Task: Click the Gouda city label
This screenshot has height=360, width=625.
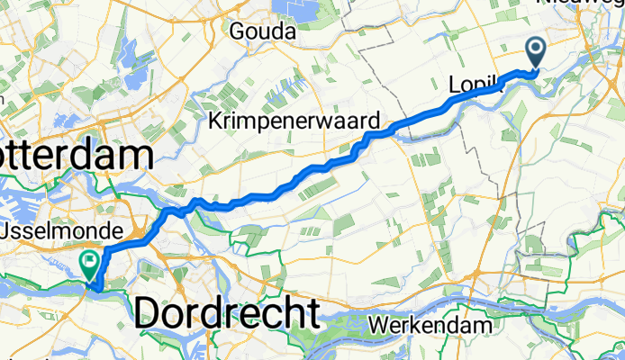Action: click(x=263, y=31)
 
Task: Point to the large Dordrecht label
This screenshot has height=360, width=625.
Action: click(x=228, y=313)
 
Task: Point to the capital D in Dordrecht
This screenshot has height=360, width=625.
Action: click(x=149, y=313)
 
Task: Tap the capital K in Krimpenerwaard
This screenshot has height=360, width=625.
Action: click(x=216, y=121)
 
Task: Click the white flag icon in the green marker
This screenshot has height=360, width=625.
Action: click(x=90, y=262)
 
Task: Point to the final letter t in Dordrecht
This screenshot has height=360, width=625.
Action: click(x=312, y=313)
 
